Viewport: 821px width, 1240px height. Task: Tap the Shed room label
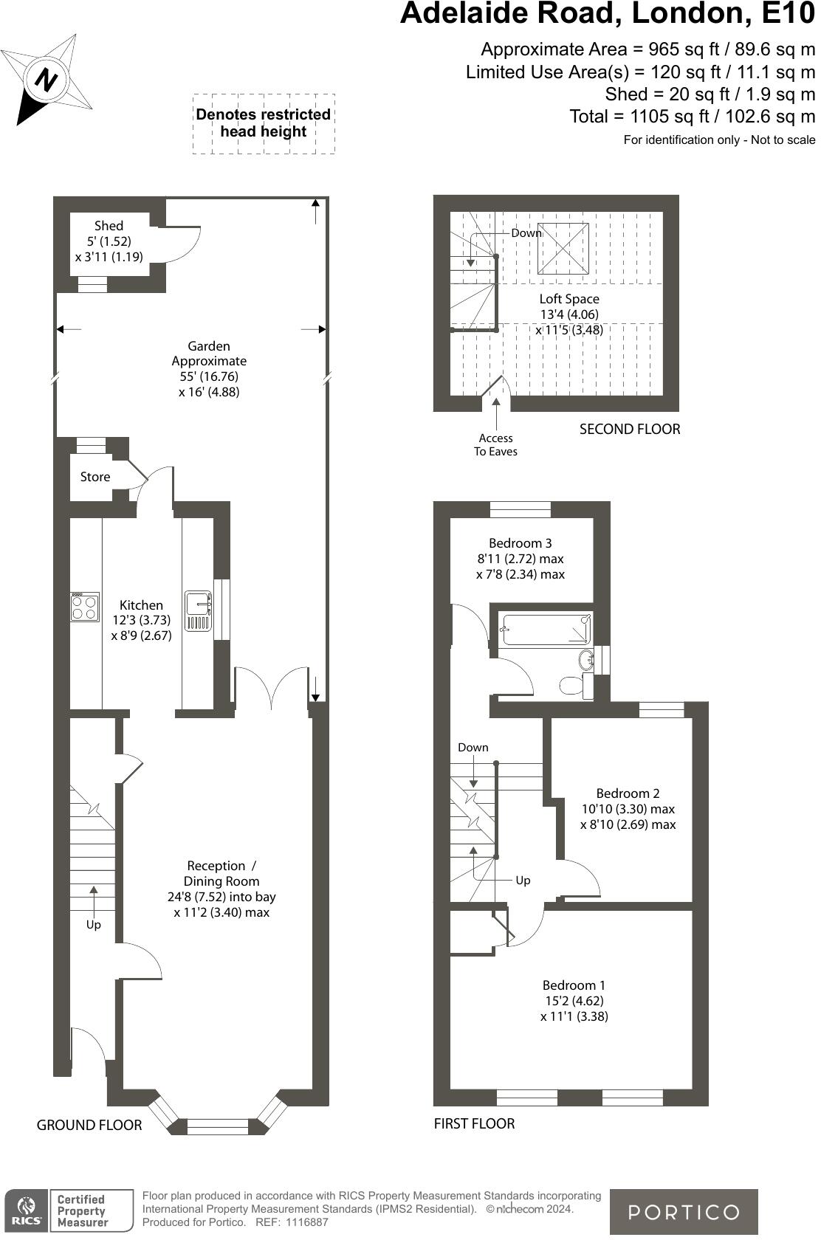point(109,226)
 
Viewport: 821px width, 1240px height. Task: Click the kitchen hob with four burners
point(85,607)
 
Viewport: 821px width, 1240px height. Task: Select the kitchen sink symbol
point(198,610)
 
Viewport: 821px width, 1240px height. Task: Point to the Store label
point(95,477)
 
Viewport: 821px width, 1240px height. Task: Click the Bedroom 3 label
point(521,543)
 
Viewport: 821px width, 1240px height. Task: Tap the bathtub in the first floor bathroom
point(545,630)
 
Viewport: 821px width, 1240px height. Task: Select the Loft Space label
point(568,299)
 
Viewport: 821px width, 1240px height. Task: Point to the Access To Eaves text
point(495,444)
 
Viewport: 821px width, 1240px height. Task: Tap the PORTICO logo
point(683,1212)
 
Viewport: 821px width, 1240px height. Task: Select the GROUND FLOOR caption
point(89,1125)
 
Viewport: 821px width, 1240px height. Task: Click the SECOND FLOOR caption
point(629,429)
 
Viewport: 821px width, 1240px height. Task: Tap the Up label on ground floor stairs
point(93,925)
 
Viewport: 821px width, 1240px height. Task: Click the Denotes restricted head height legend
point(263,123)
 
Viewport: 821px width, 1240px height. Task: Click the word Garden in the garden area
point(209,345)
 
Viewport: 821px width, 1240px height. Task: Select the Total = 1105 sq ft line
point(692,117)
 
